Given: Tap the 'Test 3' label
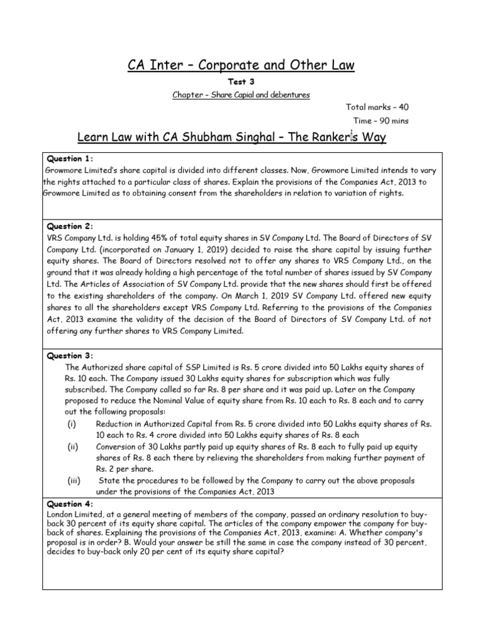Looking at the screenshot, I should (x=242, y=82).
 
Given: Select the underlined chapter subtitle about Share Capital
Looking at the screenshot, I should (x=241, y=94).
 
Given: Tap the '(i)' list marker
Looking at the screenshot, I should (x=72, y=424).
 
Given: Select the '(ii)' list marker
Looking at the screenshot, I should (x=73, y=446).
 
